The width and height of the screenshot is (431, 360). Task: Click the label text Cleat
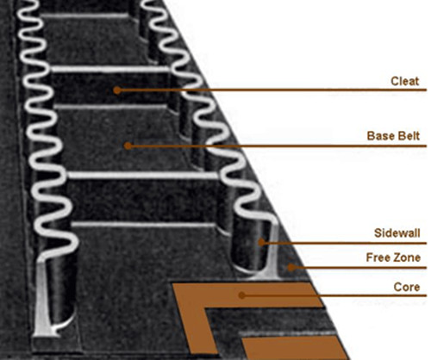tap(405, 81)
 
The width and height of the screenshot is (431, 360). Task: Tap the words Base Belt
tap(393, 136)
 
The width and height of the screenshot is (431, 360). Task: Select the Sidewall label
tap(397, 233)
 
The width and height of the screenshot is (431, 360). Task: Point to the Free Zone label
tap(393, 258)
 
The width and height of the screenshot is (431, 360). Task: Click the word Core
tap(407, 287)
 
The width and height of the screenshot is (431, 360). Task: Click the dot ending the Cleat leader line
tap(117, 90)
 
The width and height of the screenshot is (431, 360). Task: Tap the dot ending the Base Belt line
tap(128, 146)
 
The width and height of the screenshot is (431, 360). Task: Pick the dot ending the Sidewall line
tap(261, 242)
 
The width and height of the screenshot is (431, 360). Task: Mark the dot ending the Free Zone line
tap(291, 267)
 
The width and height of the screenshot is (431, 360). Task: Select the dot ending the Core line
tap(242, 295)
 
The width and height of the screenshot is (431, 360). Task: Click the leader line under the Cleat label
tap(272, 90)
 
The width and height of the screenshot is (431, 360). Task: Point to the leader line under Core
tap(334, 295)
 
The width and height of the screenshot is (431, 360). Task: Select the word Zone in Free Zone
tap(407, 258)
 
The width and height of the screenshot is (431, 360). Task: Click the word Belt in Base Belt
tap(408, 136)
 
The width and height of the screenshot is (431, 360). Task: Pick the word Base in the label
tap(379, 136)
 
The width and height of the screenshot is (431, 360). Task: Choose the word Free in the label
tap(378, 258)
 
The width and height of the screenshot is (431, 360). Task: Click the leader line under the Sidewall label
tap(344, 243)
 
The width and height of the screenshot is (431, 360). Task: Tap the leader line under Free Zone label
tap(359, 268)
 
